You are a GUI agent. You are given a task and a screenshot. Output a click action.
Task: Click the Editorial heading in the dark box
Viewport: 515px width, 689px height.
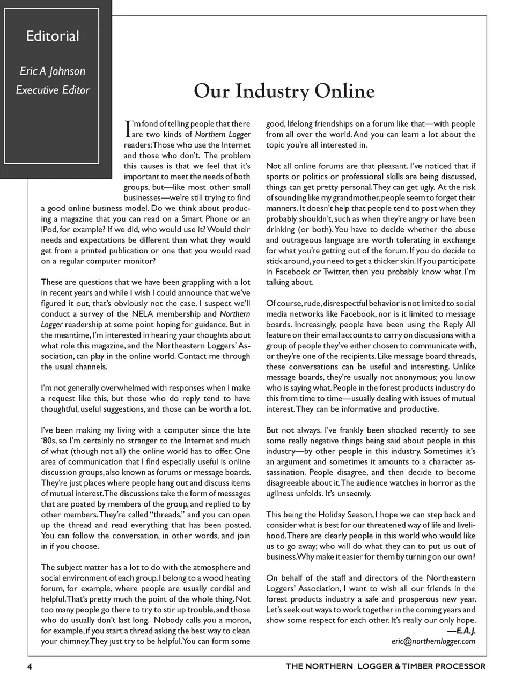click(53, 36)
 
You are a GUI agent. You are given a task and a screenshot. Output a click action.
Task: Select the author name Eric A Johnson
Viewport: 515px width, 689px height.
click(53, 71)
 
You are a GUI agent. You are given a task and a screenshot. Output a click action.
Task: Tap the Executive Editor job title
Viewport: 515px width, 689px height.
click(53, 90)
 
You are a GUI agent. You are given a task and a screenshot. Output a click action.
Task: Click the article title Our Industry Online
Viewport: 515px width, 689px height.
click(284, 91)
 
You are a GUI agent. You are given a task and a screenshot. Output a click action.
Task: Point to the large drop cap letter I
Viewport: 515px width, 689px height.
click(127, 128)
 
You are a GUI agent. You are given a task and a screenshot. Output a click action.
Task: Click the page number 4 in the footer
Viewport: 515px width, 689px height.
click(30, 666)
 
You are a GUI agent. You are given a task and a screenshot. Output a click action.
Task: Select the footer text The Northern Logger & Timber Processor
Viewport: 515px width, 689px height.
click(385, 666)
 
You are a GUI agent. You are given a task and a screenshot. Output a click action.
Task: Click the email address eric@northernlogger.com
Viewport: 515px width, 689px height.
click(433, 641)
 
